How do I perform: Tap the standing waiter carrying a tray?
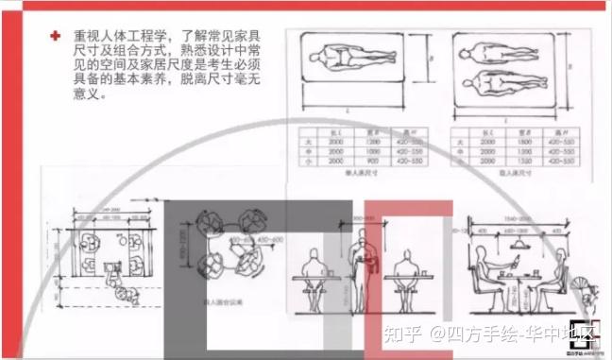(363, 269)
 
